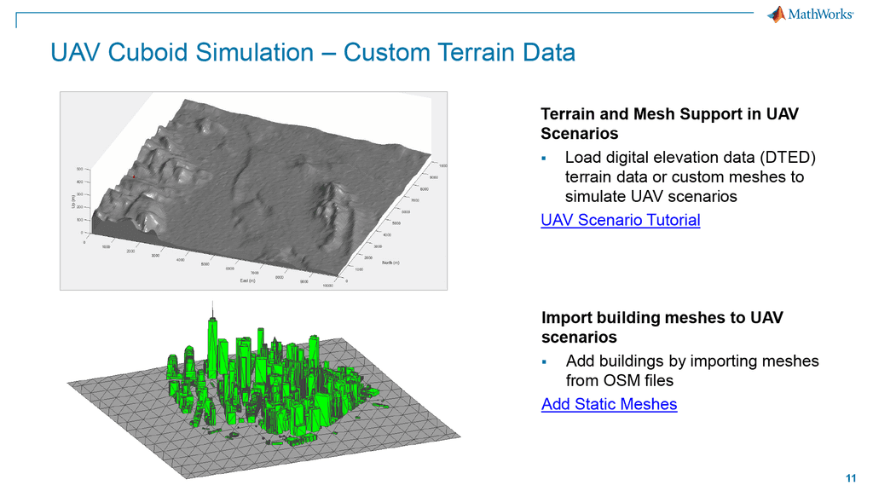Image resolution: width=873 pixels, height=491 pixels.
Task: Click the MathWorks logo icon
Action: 776,14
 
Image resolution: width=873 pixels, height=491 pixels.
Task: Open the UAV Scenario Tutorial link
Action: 621,220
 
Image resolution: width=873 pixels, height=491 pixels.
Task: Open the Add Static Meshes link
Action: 609,404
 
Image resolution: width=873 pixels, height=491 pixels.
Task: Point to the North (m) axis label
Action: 393,262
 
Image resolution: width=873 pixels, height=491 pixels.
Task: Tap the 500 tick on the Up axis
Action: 79,170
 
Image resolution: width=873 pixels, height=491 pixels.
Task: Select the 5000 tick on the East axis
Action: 205,264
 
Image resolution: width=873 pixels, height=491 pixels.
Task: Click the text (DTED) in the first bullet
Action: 785,159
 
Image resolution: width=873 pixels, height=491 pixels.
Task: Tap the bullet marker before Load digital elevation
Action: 546,159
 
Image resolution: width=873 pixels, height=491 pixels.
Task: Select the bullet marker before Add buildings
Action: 546,361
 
